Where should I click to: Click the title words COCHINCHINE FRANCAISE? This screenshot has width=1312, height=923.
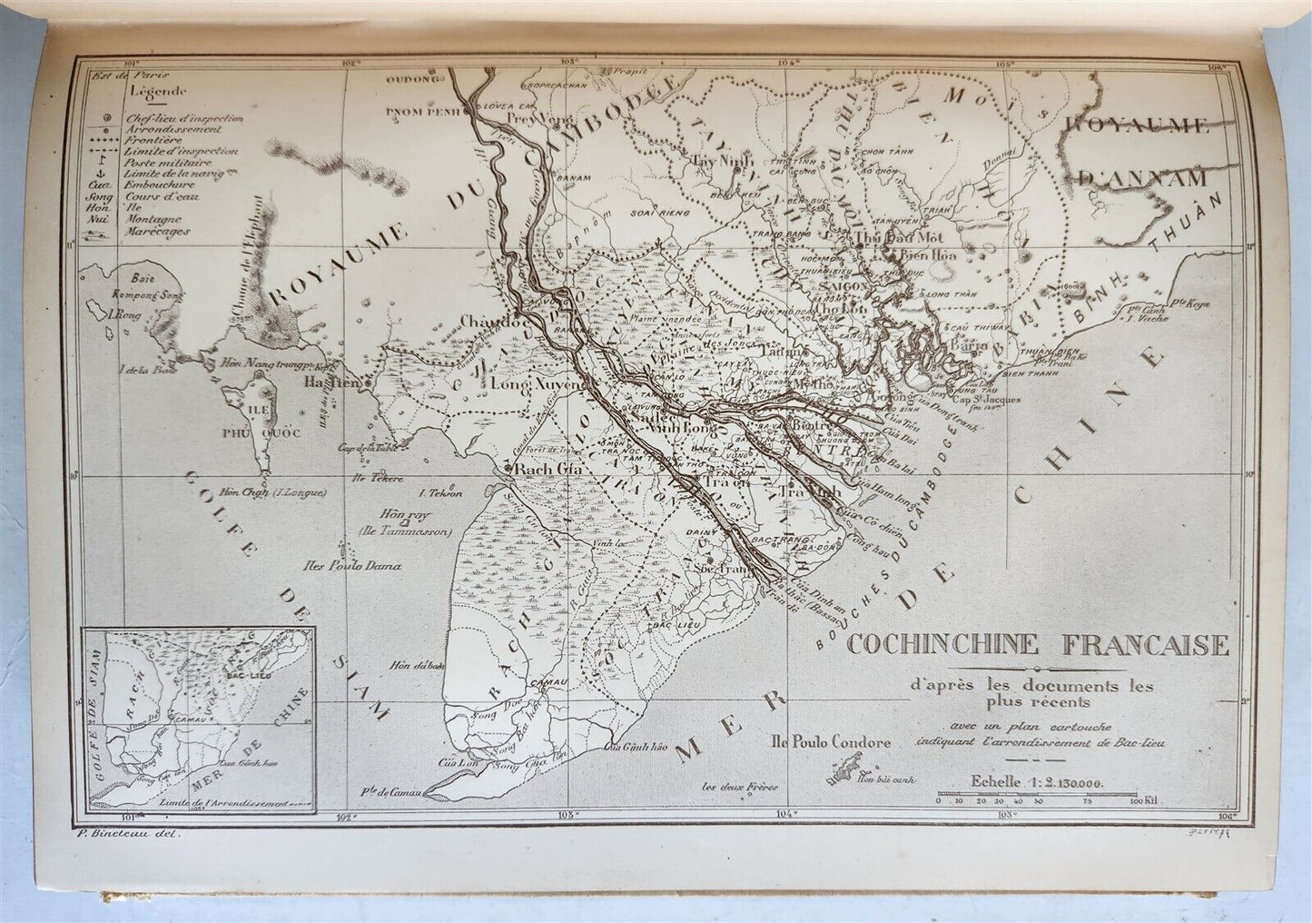(x=1037, y=646)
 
